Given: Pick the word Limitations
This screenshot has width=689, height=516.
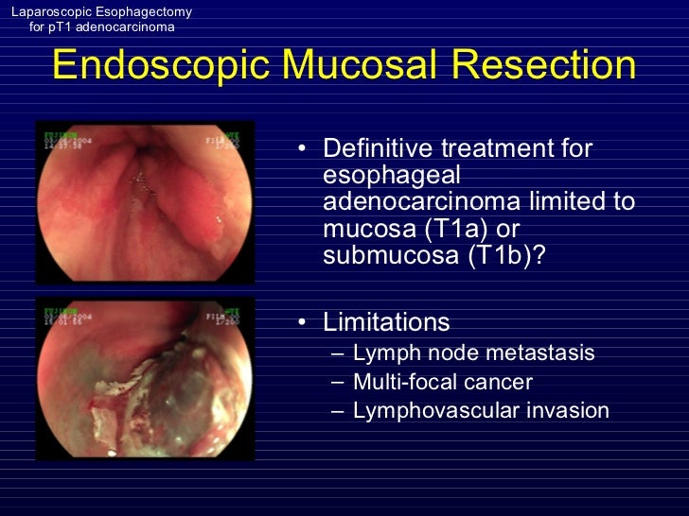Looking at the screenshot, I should [386, 322].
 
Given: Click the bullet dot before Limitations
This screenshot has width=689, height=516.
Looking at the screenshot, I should [300, 323].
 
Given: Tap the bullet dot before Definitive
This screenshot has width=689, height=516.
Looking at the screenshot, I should [300, 149].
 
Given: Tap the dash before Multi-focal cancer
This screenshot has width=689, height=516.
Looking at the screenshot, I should [339, 382].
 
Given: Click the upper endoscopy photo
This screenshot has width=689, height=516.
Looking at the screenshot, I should [145, 201].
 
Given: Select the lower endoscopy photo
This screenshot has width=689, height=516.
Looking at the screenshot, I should [145, 379].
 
